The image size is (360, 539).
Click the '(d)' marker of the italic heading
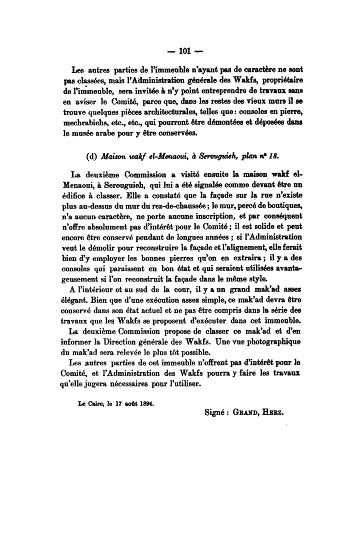click(x=92, y=155)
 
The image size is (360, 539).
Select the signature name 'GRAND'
click(x=249, y=413)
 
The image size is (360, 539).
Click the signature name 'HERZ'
click(x=280, y=413)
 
